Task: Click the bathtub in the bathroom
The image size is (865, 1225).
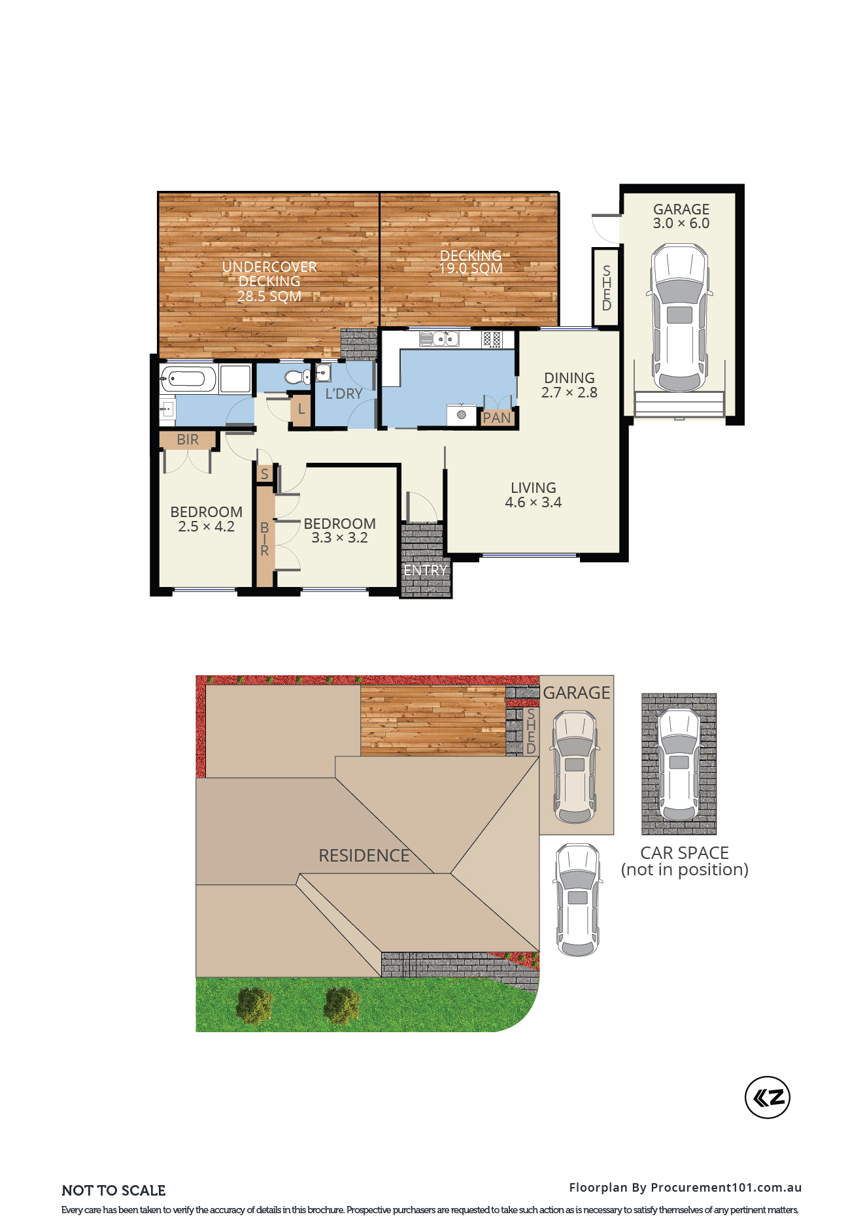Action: point(188,378)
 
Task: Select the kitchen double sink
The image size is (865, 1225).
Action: point(439,339)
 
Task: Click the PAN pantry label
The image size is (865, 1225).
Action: point(497,418)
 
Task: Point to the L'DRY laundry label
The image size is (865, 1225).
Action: point(344,394)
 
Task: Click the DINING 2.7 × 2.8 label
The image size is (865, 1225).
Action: point(569,385)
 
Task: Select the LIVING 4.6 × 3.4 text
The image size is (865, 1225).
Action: point(534,495)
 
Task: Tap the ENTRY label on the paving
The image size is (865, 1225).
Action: point(425,570)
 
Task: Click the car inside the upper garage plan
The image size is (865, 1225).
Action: point(680,318)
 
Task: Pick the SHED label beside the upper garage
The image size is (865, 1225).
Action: point(607,288)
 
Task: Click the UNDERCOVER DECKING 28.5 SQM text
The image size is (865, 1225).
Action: point(269,281)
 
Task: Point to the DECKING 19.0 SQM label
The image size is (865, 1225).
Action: point(471,261)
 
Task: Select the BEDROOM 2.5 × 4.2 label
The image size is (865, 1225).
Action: point(207,519)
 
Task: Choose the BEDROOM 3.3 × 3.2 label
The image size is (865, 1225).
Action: point(340,530)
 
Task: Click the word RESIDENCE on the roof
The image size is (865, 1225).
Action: point(364,856)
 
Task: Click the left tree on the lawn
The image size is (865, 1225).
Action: point(254,1005)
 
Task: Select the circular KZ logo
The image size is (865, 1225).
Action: point(768,1098)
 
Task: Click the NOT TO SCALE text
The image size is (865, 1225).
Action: point(114,1190)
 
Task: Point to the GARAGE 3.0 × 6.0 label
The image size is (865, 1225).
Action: point(681,216)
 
